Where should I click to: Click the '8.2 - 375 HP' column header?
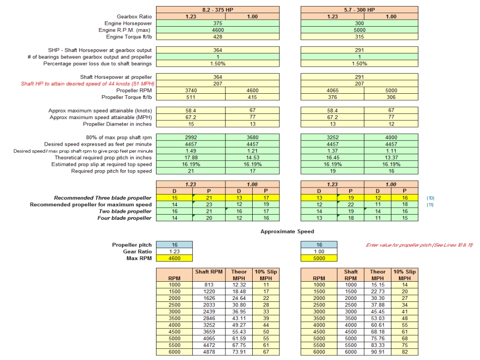217,9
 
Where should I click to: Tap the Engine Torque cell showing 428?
217,37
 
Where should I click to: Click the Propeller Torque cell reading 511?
190,97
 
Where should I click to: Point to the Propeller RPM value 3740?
190,90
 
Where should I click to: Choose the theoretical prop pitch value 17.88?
190,157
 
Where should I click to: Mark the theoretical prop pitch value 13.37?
391,157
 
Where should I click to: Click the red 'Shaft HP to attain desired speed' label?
86,84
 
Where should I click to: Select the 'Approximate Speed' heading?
287,232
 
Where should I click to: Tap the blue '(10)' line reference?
430,198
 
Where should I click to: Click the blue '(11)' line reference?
430,205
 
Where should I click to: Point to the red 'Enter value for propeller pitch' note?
419,245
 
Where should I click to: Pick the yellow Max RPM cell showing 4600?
173,258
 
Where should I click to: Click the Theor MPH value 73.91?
239,352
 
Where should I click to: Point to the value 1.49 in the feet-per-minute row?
190,151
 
